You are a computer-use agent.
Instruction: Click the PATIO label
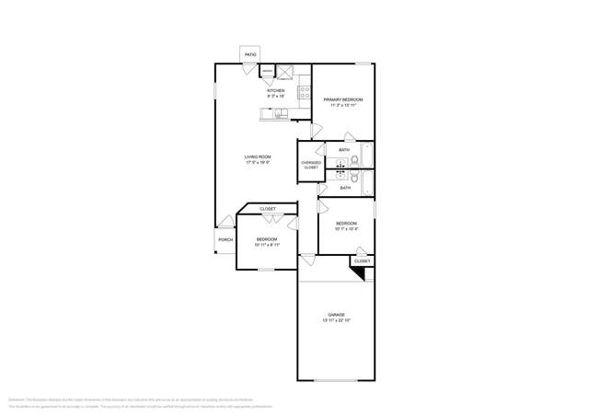coord(250,55)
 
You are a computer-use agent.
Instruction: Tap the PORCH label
coord(225,241)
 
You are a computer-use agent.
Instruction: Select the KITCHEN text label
coord(275,90)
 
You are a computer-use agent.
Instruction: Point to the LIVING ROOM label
coord(257,156)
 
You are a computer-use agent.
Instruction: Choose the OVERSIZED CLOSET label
coord(311,166)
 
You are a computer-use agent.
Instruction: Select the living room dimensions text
coord(257,163)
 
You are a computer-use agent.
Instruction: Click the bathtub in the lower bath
coord(366,183)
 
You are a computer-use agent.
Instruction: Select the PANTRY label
coord(267,71)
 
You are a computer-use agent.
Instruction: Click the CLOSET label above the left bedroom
coord(267,209)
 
